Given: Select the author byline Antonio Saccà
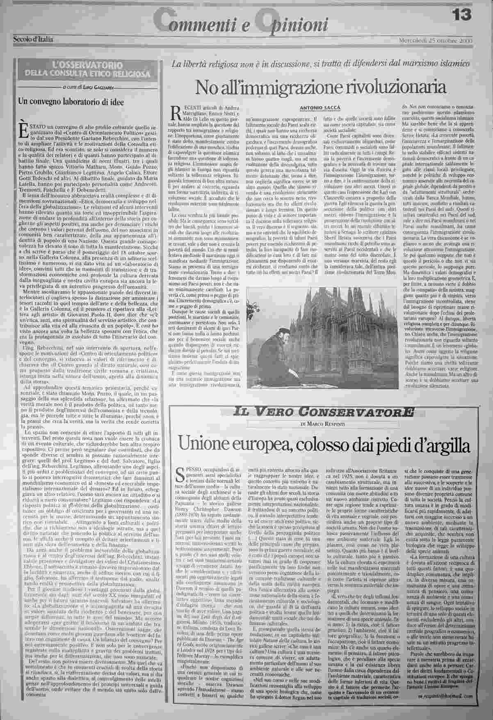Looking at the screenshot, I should (x=320, y=108).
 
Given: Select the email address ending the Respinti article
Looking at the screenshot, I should (x=450, y=696).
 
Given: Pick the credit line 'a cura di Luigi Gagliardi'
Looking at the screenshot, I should (x=87, y=87).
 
